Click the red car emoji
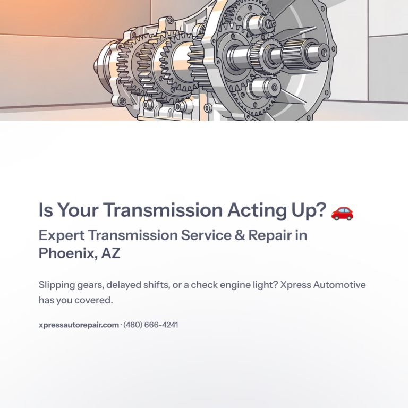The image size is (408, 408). [342, 212]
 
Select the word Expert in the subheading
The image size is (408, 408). [61, 235]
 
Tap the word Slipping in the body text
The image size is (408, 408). [57, 285]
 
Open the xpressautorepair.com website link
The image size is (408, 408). [79, 325]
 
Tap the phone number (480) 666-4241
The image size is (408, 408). [151, 325]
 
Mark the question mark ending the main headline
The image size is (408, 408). [320, 210]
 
